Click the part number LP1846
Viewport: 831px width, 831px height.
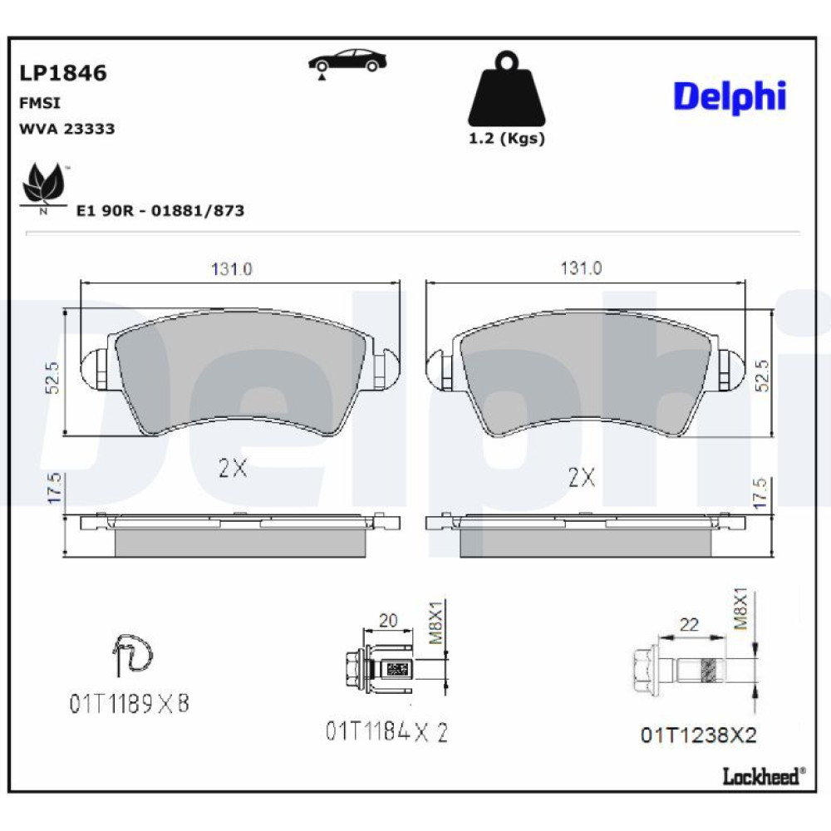coord(63,73)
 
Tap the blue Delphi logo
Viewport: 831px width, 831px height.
coord(730,97)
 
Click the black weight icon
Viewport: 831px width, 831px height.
coord(506,89)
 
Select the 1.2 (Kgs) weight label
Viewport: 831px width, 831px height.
coord(507,139)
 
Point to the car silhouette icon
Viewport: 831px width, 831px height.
coord(347,62)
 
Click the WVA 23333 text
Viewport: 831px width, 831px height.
coord(66,129)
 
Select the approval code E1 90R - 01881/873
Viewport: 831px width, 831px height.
coord(160,210)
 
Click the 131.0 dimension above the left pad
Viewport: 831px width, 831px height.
coord(232,269)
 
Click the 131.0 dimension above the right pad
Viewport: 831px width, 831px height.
coord(582,268)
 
